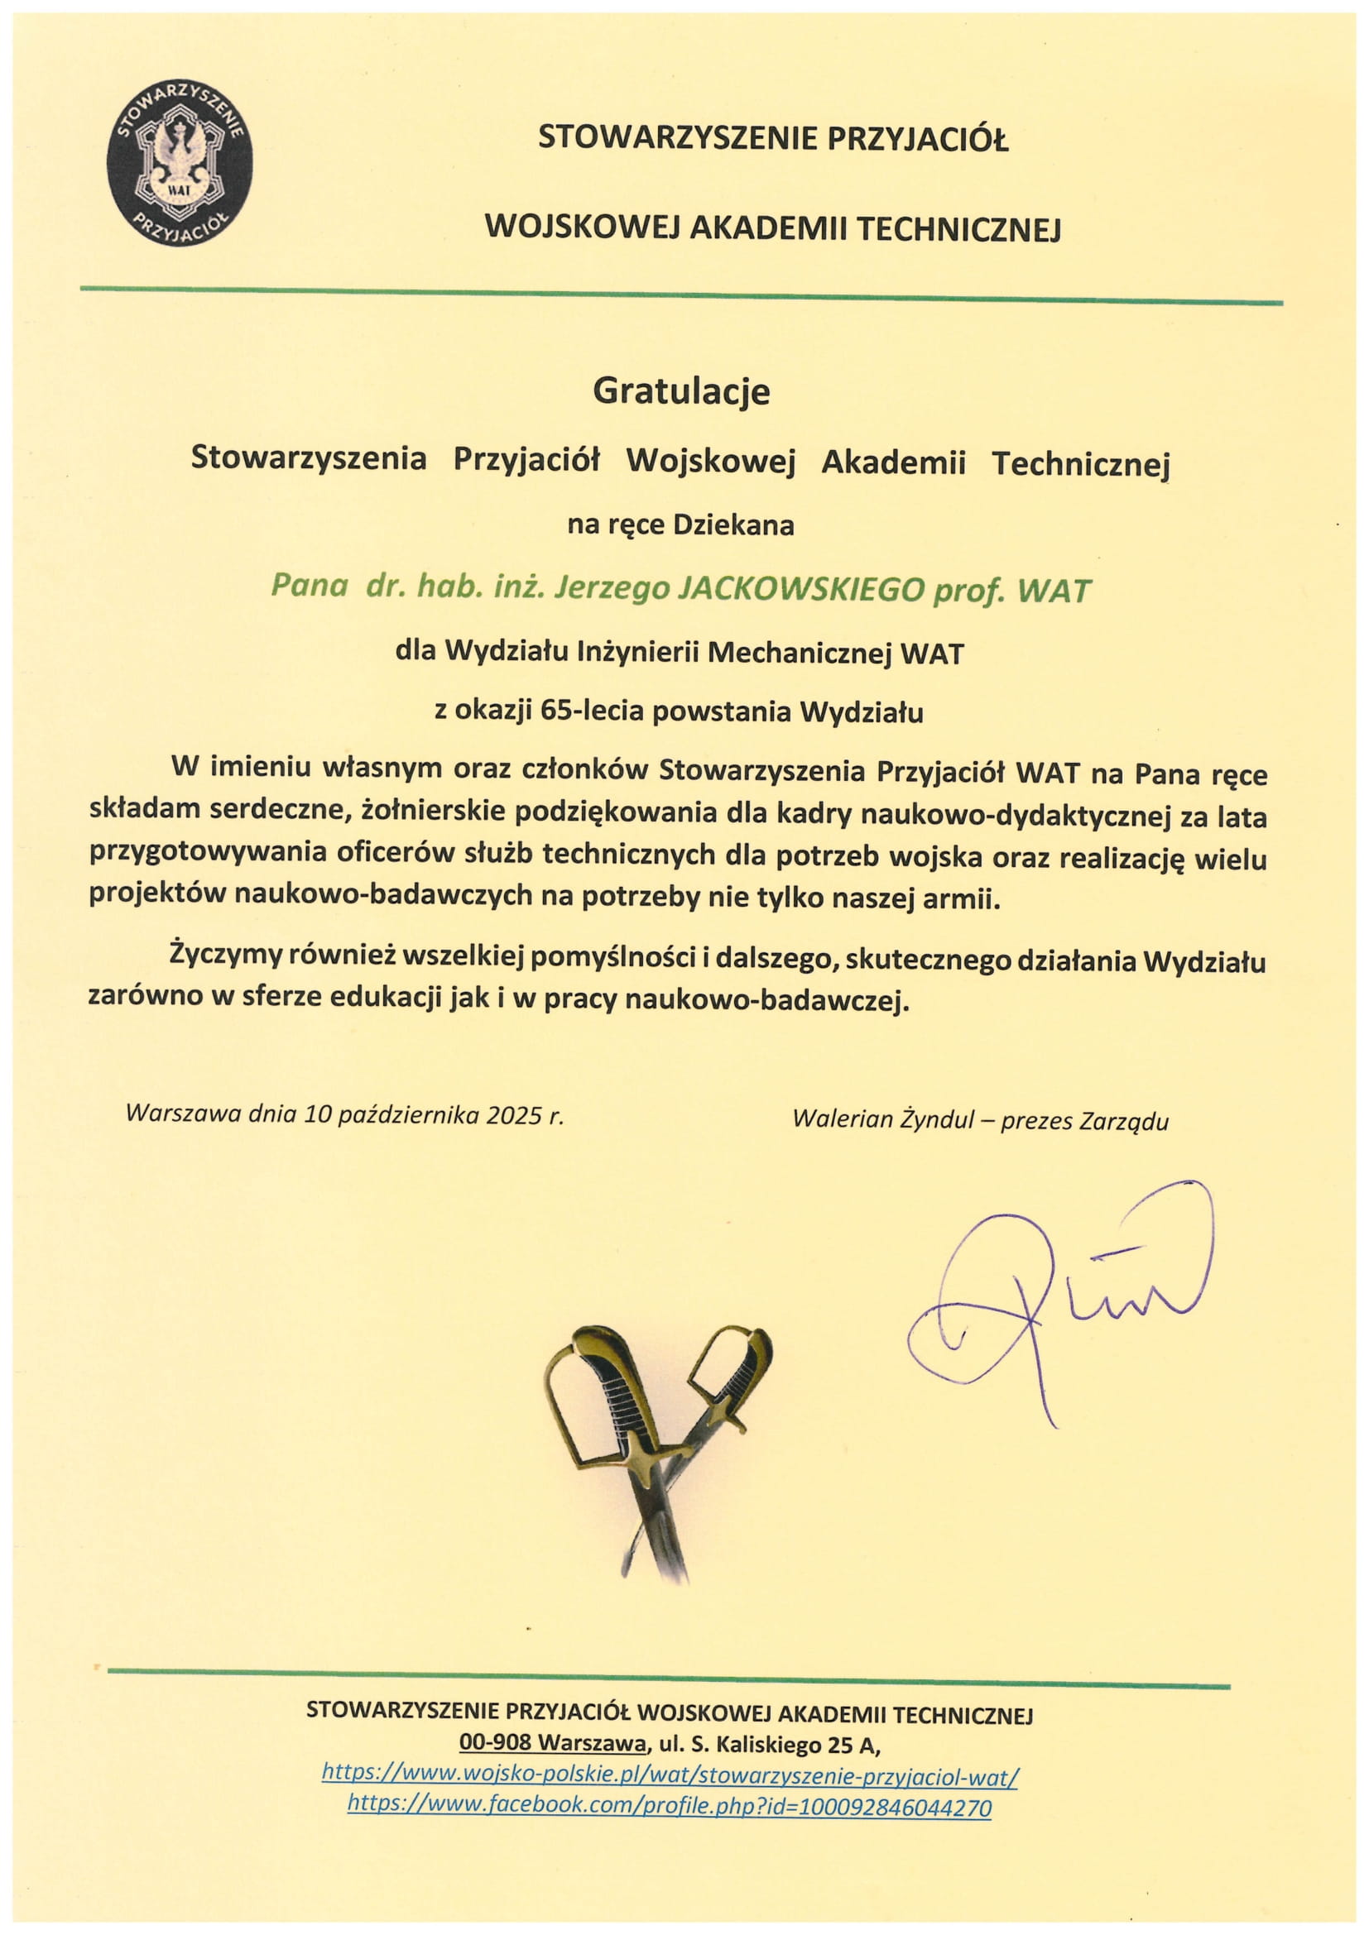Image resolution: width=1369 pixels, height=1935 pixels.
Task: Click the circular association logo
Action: click(180, 165)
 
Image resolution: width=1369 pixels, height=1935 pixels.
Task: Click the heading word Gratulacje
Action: click(681, 391)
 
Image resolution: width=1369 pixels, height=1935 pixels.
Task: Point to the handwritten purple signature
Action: click(1062, 1298)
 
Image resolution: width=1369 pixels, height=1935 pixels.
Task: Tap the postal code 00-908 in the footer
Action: click(497, 1742)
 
